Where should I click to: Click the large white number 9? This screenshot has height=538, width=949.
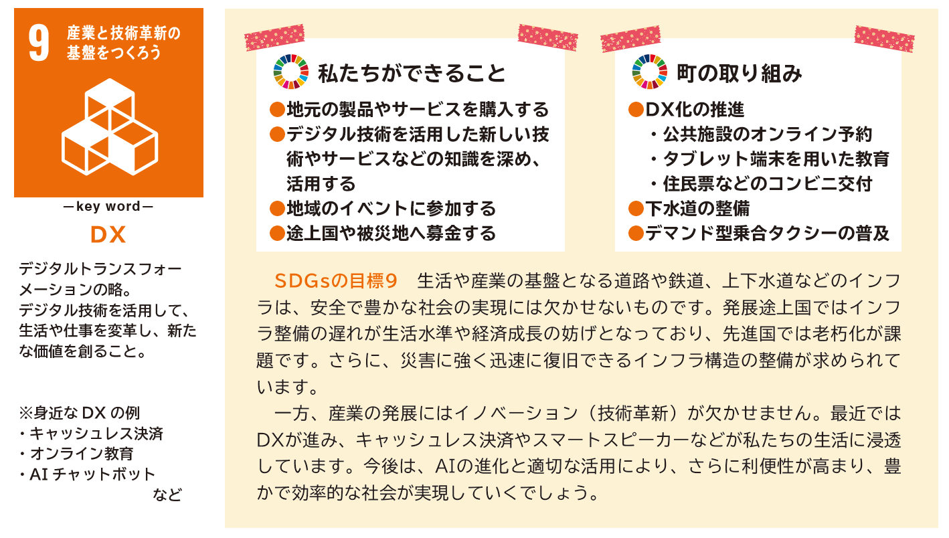39,43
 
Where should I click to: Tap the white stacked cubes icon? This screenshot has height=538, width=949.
110,126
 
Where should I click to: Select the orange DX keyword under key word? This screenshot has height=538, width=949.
108,235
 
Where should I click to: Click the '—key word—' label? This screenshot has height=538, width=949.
108,206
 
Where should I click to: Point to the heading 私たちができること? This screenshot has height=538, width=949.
412,74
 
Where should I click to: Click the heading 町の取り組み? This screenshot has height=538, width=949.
740,74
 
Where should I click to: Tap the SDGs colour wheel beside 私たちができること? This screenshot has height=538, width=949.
290,72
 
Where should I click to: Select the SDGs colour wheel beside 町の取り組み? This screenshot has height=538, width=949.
649,72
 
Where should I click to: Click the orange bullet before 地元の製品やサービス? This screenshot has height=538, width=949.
277,110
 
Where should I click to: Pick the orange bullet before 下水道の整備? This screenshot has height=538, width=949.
636,208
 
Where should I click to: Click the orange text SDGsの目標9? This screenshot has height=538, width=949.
336,281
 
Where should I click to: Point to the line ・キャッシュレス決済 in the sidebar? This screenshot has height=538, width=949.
91,434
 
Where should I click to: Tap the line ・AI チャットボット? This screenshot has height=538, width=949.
87,474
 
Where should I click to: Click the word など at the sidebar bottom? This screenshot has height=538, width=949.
167,495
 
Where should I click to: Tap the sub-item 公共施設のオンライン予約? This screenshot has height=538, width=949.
767,134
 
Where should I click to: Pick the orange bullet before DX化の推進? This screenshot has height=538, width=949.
636,110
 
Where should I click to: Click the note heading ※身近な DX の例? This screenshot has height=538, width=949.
79,413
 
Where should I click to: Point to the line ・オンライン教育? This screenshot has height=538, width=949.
76,454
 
